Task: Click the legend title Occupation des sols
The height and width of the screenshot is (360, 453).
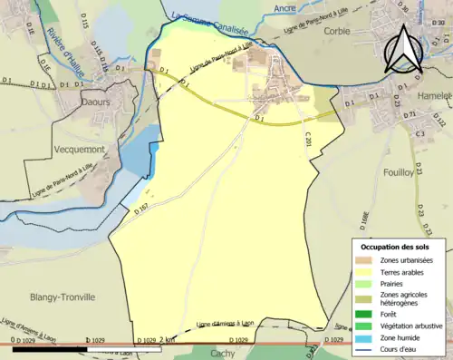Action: click(394, 247)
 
